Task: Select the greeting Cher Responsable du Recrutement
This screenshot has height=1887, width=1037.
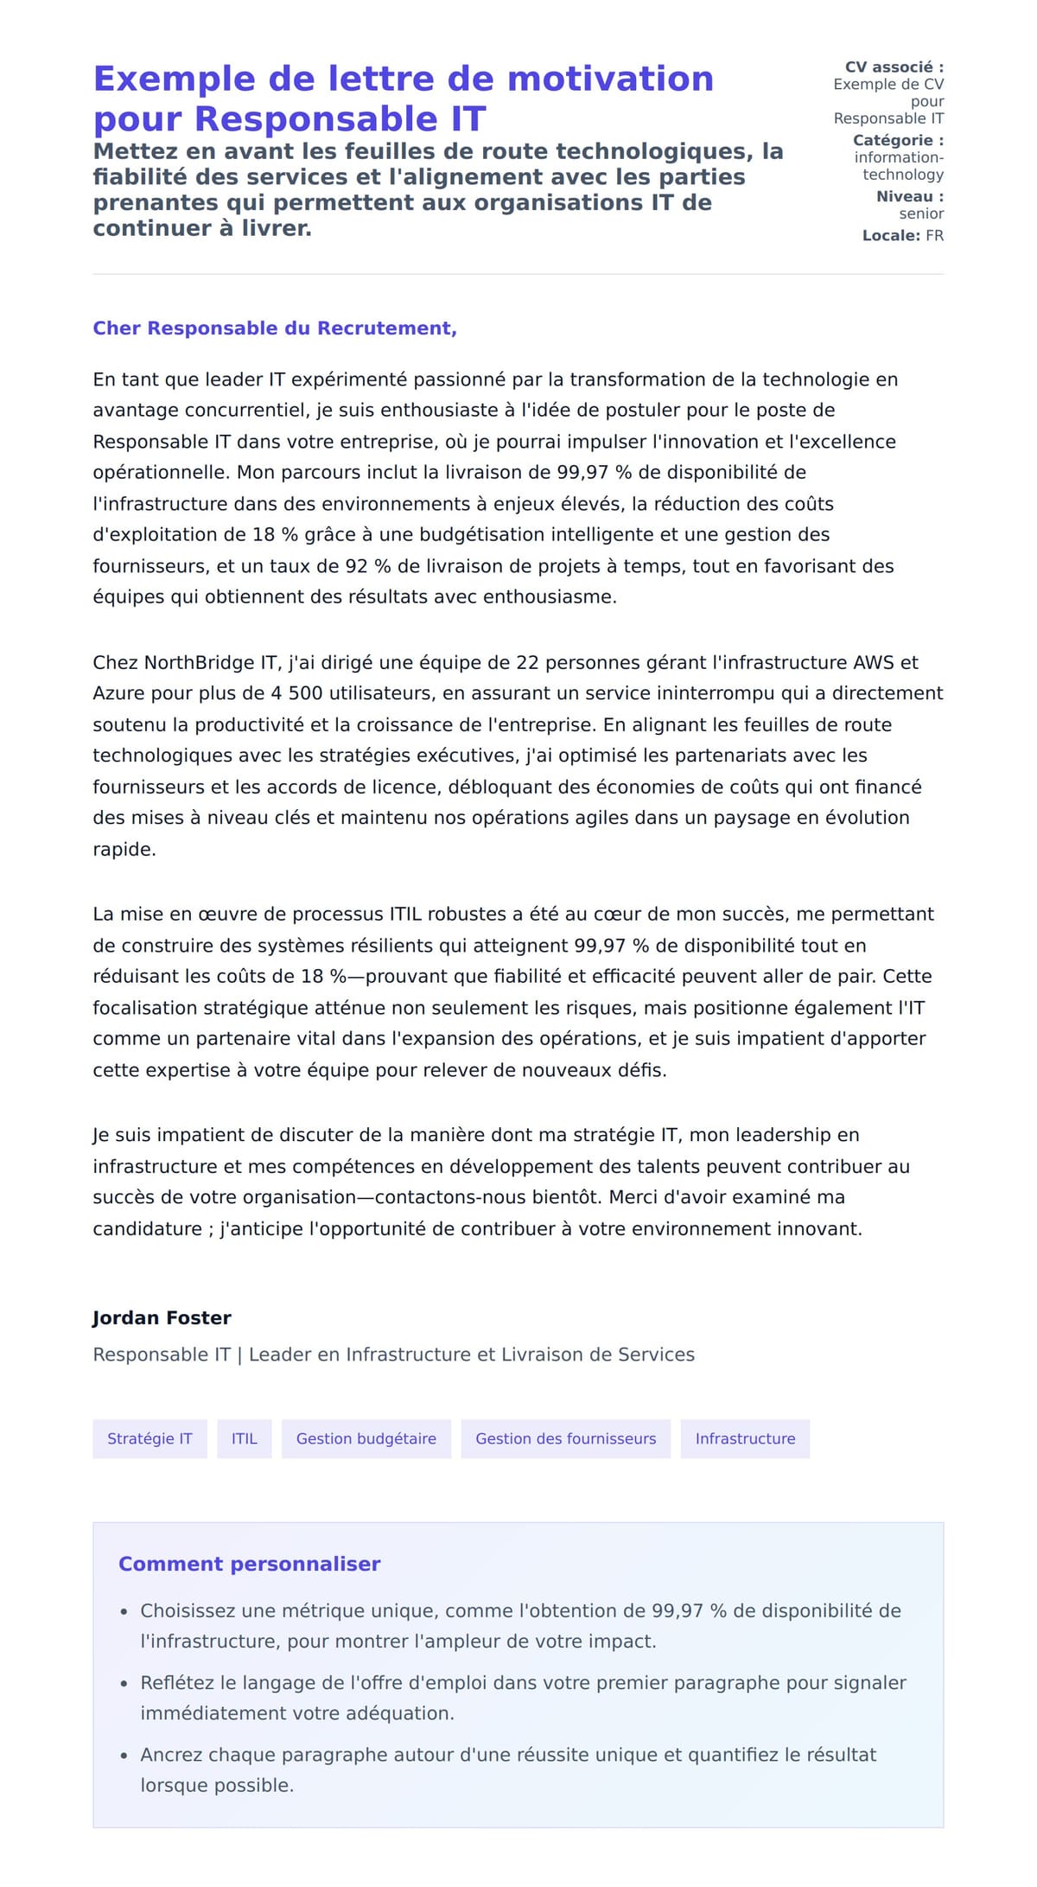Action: pos(274,328)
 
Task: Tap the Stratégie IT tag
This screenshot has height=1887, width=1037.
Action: pos(150,1438)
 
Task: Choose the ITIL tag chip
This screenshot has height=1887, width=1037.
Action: pos(244,1438)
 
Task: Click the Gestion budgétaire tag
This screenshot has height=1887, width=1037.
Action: pos(366,1438)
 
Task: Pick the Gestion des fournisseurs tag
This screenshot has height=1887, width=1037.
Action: pos(565,1438)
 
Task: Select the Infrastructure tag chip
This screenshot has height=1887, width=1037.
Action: pos(745,1438)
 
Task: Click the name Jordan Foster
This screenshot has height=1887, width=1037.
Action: pos(162,1318)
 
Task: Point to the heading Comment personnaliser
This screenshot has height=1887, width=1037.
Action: pos(249,1564)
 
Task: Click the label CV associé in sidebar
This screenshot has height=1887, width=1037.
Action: pos(893,67)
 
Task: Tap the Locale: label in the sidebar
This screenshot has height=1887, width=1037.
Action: pos(891,236)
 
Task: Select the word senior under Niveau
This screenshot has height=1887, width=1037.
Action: pos(921,214)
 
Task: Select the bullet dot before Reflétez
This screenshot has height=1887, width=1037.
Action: pos(124,1684)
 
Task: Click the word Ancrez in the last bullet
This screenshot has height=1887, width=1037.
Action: pos(170,1755)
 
